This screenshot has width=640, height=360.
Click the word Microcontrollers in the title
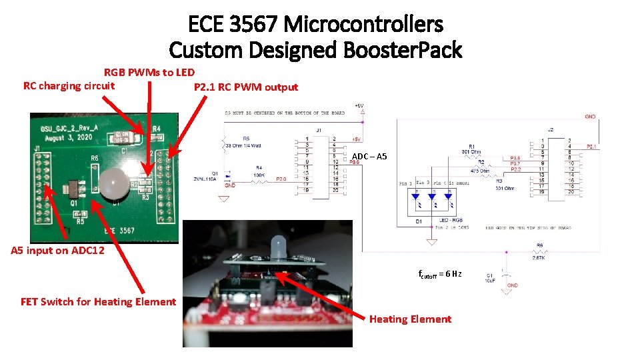[x=363, y=25]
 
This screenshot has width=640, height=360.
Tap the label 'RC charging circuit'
[x=69, y=85]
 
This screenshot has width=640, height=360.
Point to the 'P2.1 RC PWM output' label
[x=245, y=87]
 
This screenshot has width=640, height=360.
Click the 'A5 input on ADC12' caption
[x=57, y=251]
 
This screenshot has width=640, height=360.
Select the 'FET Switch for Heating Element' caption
[x=98, y=301]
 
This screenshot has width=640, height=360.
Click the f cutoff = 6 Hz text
[x=440, y=274]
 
